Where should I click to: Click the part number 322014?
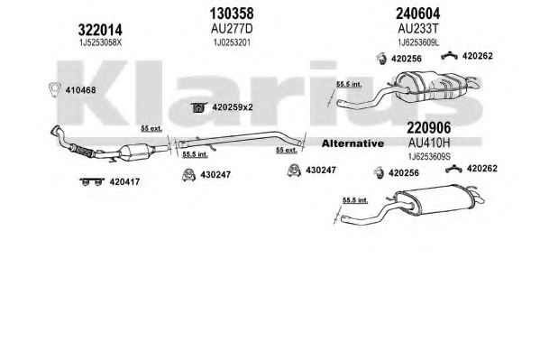(100, 30)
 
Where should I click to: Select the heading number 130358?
(232, 14)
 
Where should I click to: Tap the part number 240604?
(417, 14)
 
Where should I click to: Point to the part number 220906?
(429, 128)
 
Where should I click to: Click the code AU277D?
(232, 29)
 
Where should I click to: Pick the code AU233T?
(418, 29)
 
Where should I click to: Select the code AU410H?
(429, 143)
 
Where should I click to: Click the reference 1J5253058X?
(100, 42)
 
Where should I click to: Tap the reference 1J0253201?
(232, 42)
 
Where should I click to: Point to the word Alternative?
(352, 143)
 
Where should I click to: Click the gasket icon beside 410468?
(54, 89)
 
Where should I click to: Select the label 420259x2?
(233, 107)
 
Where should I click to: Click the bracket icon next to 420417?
(92, 181)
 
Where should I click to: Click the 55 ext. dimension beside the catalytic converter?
(151, 129)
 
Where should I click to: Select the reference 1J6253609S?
(429, 157)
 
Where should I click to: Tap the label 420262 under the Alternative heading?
(482, 169)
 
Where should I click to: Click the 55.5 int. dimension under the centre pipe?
(195, 154)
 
